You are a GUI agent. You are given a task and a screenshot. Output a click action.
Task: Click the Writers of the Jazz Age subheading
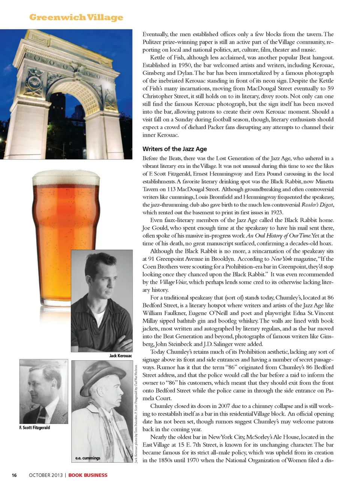174,149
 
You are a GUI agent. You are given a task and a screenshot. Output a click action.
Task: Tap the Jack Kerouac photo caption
120,355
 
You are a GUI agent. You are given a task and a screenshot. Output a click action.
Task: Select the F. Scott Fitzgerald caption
34,428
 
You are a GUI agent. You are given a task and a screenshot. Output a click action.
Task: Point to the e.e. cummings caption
88,458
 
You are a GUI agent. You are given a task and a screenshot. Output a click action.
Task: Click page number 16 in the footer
14,475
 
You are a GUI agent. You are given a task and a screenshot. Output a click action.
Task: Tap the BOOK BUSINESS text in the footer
88,475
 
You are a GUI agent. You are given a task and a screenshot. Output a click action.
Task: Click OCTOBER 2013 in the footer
45,475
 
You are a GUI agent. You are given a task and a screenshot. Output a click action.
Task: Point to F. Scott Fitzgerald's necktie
42,413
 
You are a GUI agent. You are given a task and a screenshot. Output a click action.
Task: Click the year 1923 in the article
276,212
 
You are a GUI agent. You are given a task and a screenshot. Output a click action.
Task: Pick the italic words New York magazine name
281,259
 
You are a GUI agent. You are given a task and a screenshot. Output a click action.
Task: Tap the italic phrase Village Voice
173,282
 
